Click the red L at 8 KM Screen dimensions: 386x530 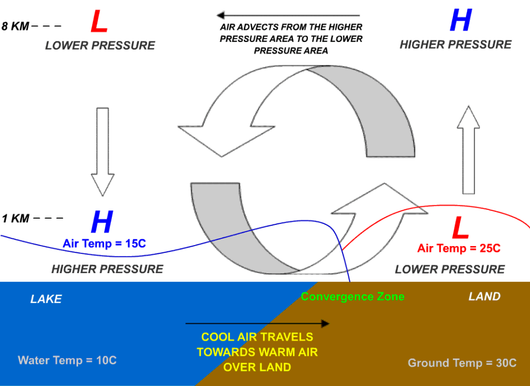coord(99,22)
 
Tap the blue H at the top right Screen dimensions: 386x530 coord(460,21)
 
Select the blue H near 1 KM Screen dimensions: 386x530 coord(101,222)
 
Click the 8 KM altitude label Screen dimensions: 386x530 coord(16,26)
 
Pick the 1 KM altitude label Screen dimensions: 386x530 coord(16,219)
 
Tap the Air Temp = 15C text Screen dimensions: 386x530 coord(104,243)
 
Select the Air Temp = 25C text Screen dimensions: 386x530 coord(459,248)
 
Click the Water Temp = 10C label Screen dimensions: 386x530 coord(67,360)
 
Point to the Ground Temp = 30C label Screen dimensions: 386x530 coord(462,363)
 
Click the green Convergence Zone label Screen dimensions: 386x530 coord(352,296)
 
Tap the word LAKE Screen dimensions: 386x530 coord(46,299)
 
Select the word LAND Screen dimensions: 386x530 coord(484,296)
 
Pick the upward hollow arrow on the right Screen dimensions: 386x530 coord(469,150)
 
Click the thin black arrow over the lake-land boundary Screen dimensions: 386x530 coord(257,324)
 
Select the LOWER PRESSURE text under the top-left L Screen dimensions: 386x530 coord(100,45)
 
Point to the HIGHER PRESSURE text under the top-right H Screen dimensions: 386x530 coord(455,44)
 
